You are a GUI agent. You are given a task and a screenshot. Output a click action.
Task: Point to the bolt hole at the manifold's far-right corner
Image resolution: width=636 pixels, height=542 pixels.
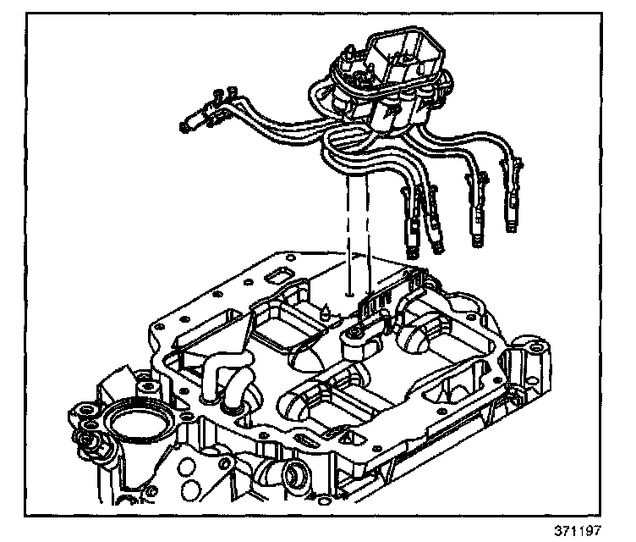(535, 348)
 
